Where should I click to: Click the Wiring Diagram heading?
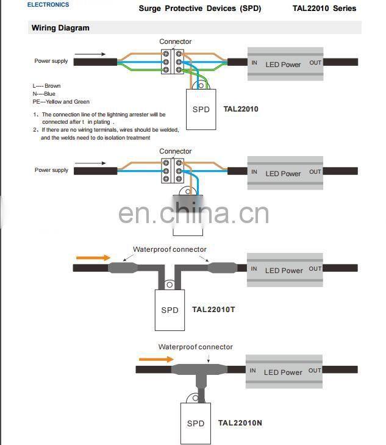[x=60, y=28]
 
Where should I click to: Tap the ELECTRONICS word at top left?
[x=48, y=5]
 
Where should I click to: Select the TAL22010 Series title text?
[x=323, y=9]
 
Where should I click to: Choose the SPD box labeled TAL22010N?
[x=195, y=422]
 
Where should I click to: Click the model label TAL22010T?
[x=213, y=310]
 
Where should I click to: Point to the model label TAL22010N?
[x=240, y=423]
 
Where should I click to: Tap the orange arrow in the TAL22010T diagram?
[x=93, y=258]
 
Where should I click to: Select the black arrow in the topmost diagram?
[x=91, y=54]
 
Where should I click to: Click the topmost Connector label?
[x=176, y=42]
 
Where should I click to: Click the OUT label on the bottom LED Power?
[x=315, y=371]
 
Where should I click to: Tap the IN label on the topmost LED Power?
[x=254, y=63]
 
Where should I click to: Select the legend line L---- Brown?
[x=47, y=86]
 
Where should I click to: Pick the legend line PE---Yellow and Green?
[x=61, y=102]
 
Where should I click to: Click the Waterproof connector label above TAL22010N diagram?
[x=195, y=347]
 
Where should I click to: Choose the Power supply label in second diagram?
[x=51, y=170]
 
